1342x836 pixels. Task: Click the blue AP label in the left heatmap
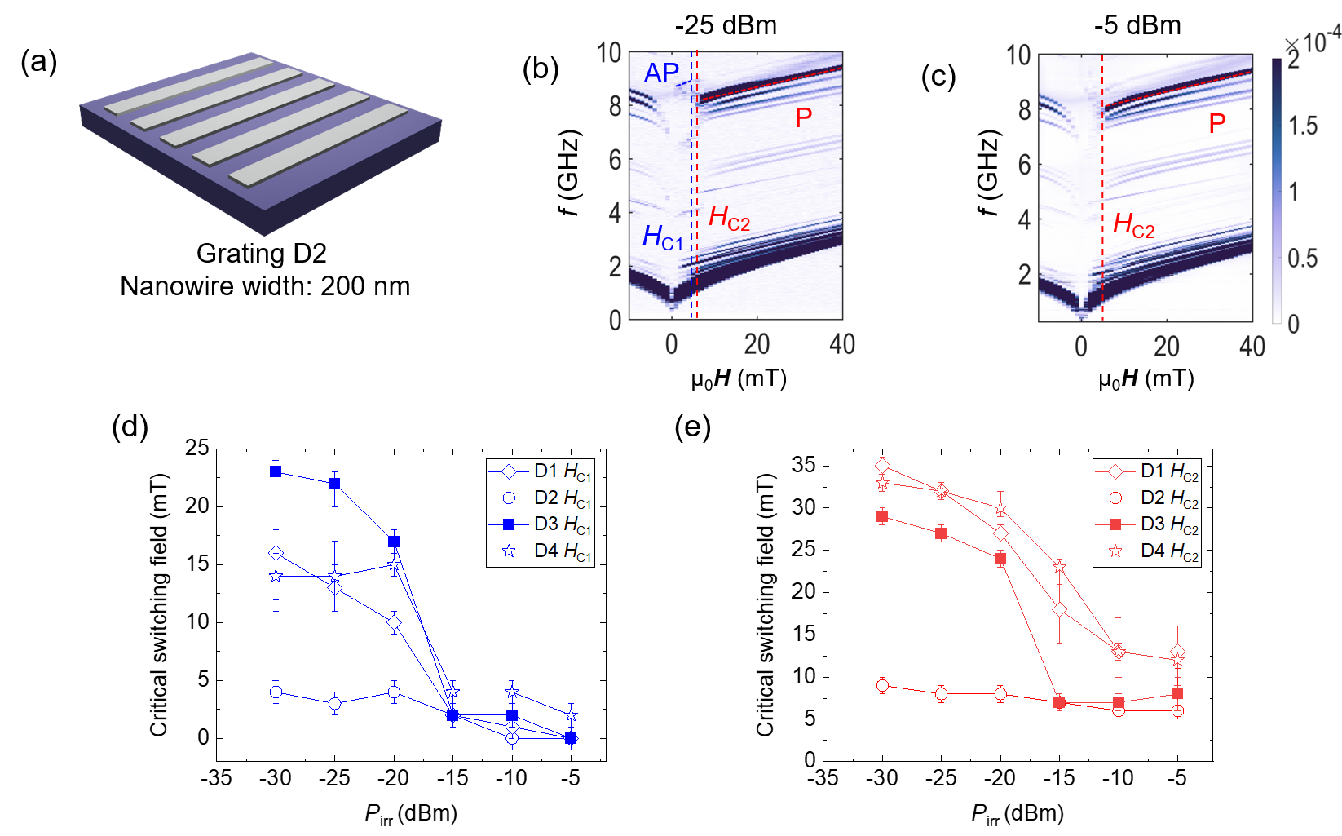(x=661, y=73)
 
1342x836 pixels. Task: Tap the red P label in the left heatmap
(x=804, y=118)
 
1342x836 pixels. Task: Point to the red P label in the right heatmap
(x=1217, y=124)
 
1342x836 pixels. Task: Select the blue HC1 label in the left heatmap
(x=662, y=237)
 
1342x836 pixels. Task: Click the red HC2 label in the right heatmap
(x=1134, y=224)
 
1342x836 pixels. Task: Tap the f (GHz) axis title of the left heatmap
(x=568, y=173)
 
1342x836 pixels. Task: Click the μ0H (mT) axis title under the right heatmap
(x=1146, y=378)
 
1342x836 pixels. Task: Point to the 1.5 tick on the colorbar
(x=1303, y=126)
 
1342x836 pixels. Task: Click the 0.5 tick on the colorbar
(x=1303, y=259)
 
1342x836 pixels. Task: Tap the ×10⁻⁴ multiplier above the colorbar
(x=1312, y=42)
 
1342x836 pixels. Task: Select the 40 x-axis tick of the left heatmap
(x=841, y=344)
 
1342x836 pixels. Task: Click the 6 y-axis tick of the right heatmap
(x=1024, y=165)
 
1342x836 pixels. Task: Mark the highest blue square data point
(x=276, y=471)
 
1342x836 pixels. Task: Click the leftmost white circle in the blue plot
(x=276, y=692)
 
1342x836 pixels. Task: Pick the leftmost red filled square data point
(x=882, y=516)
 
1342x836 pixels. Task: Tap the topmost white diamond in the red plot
(x=882, y=466)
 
